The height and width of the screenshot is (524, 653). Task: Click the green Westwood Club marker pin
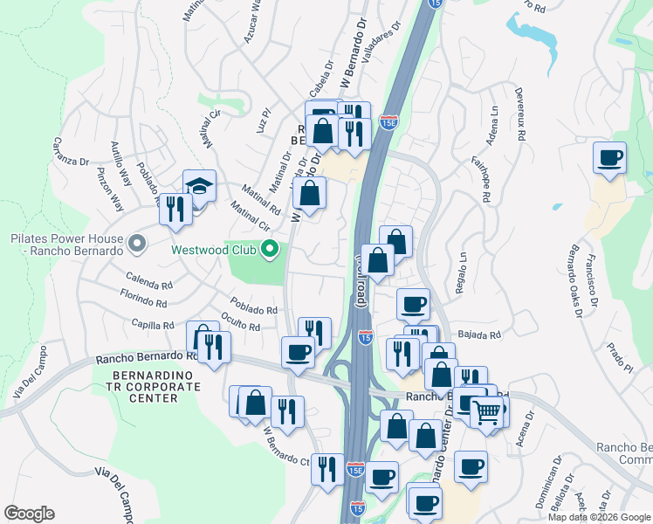[x=270, y=250]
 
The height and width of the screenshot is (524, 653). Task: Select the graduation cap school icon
[x=199, y=186]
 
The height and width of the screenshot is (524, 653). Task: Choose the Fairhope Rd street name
[x=481, y=178]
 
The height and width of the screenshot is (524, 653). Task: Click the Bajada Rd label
[x=482, y=334]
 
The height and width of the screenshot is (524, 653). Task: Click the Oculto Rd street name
[x=241, y=322]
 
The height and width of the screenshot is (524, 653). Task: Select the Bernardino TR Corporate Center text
[x=145, y=385]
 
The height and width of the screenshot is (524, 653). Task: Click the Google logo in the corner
[x=29, y=514]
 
